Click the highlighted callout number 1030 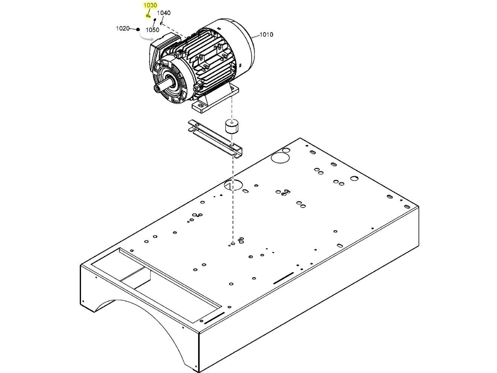150,5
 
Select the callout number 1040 163,13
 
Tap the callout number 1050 152,30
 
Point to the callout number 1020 123,28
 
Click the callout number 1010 266,35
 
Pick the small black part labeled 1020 138,29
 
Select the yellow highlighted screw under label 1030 148,16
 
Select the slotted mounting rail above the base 215,138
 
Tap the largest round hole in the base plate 279,157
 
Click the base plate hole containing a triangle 233,185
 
